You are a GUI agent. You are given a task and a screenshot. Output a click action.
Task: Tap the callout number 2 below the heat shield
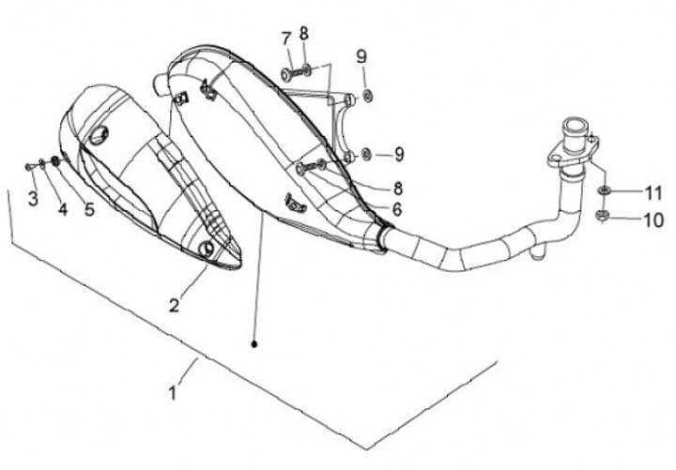[174, 303]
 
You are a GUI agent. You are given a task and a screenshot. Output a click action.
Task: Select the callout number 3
[33, 198]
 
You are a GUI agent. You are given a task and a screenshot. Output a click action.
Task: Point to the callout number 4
[62, 210]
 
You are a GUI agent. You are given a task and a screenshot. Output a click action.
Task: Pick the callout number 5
[89, 209]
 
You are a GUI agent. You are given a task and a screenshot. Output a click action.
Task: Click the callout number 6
[397, 209]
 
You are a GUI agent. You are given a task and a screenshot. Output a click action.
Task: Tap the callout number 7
[285, 38]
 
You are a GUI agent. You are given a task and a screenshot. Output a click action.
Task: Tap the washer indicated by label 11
[602, 192]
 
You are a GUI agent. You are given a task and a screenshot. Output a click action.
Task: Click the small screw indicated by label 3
[29, 166]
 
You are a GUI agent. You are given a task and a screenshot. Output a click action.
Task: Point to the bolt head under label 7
[285, 73]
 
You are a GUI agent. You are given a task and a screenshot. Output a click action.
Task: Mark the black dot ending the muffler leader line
[255, 344]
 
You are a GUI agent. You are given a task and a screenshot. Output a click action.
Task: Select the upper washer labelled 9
[367, 95]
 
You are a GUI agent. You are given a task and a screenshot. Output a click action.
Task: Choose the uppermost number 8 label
[304, 33]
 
